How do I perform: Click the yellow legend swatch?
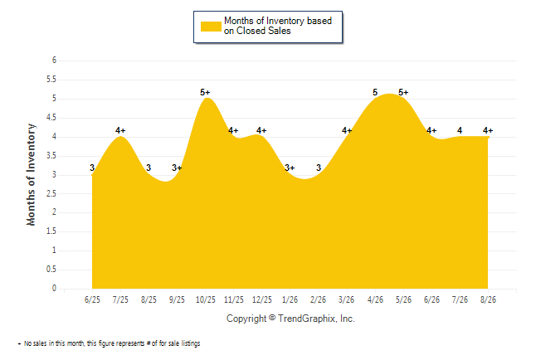211,27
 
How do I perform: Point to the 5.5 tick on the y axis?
51,80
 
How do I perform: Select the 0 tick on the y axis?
54,288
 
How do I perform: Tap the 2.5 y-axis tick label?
51,193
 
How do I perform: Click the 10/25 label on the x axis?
206,299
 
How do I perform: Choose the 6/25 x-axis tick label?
92,299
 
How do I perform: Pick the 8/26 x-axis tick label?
488,299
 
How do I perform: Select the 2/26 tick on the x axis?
319,299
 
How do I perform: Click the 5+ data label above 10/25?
205,92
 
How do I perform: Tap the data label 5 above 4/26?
375,92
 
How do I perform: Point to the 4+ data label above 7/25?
120,130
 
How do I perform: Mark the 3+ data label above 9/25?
177,168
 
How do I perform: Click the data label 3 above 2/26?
319,168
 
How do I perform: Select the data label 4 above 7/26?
460,130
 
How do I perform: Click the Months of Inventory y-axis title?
31,175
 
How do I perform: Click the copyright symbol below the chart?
272,318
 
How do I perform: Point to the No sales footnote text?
109,343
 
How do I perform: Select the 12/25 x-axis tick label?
262,299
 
